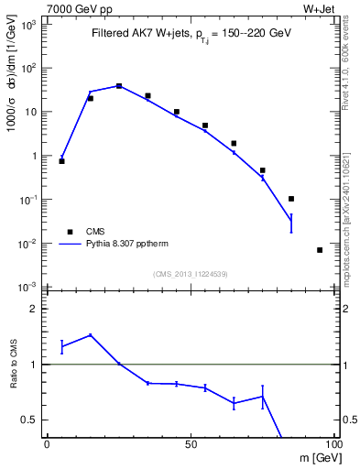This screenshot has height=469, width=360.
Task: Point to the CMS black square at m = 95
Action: point(320,250)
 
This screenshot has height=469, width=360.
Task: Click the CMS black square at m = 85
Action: point(291,199)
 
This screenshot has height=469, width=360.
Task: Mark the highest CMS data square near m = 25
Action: point(119,86)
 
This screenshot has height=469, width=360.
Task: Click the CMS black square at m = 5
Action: point(61,160)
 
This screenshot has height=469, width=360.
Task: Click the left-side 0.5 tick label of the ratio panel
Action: point(28,420)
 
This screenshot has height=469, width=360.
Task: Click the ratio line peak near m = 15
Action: point(90,334)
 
